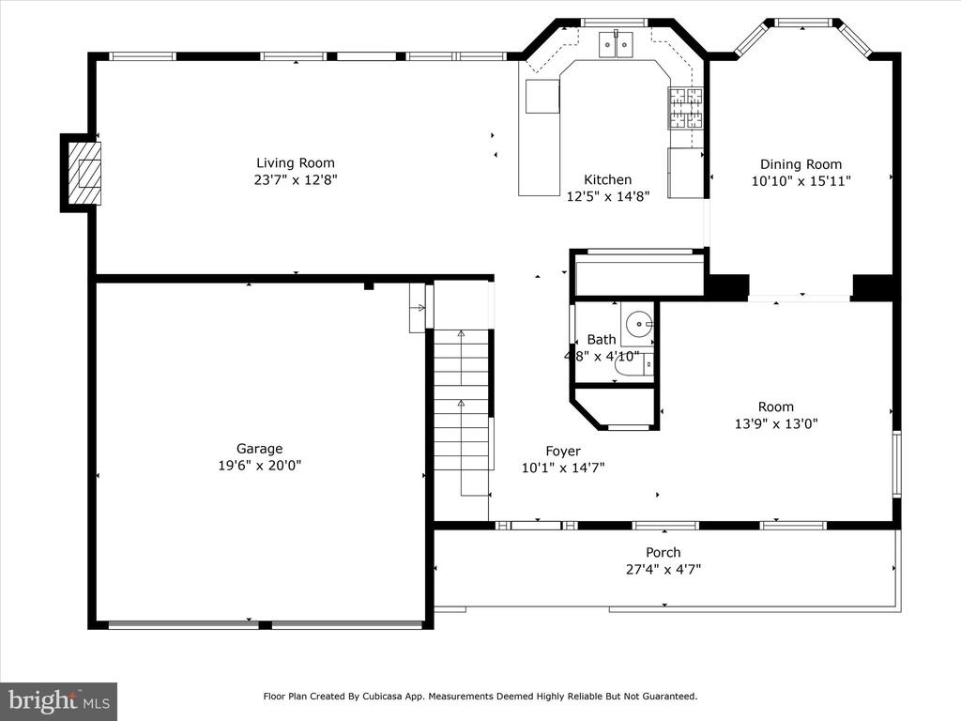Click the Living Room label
pyautogui.click(x=296, y=162)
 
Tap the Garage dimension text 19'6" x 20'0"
pyautogui.click(x=259, y=465)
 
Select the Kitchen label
pyautogui.click(x=607, y=179)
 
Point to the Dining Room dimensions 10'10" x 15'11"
pyautogui.click(x=801, y=180)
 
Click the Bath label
pyautogui.click(x=602, y=339)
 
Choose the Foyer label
pyautogui.click(x=563, y=451)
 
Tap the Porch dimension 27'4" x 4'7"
pyautogui.click(x=663, y=569)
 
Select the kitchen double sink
pyautogui.click(x=617, y=43)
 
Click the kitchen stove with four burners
pyautogui.click(x=685, y=107)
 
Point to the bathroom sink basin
pyautogui.click(x=641, y=325)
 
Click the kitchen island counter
pyautogui.click(x=542, y=96)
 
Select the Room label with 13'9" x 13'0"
pyautogui.click(x=775, y=407)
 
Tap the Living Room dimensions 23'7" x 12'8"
pyautogui.click(x=296, y=179)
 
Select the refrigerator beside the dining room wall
pyautogui.click(x=686, y=173)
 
